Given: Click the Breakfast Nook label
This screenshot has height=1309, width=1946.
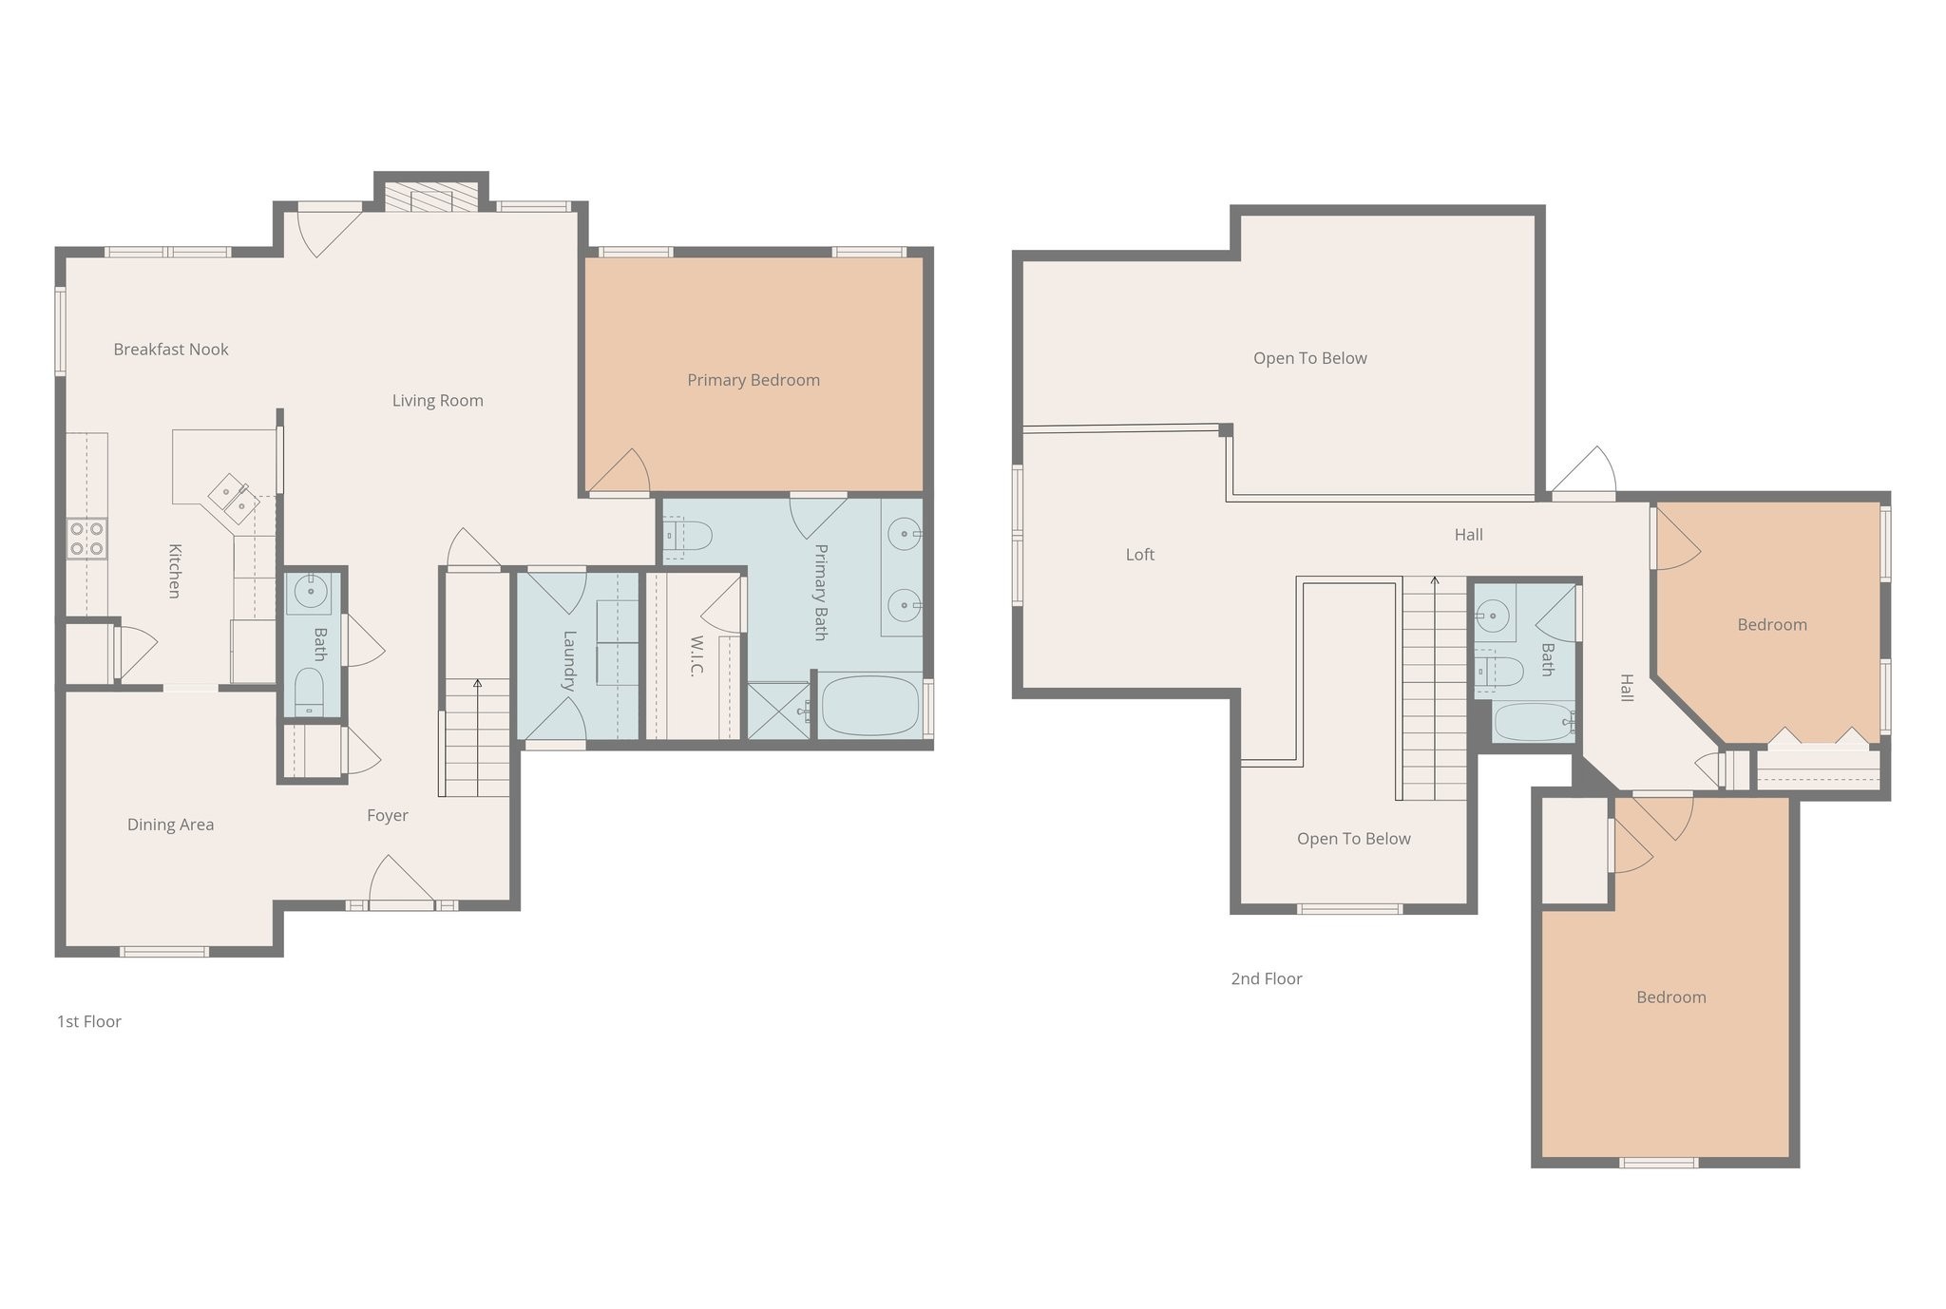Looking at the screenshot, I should coord(171,350).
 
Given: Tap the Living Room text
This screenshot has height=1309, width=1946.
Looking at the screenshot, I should coord(437,401).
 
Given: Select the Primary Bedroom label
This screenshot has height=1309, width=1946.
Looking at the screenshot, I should coord(754,380).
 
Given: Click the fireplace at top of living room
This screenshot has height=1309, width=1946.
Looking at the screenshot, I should coord(432,199).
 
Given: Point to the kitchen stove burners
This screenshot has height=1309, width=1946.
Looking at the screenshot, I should coord(86,539).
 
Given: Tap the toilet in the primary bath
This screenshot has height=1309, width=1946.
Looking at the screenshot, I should coord(688,536).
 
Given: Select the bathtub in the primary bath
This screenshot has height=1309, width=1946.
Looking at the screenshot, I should coord(870,706).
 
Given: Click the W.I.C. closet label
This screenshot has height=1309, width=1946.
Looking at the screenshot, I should coord(696,655).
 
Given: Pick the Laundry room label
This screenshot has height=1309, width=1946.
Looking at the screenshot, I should coord(569,660).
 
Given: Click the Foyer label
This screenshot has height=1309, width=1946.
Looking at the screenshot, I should coord(388,815).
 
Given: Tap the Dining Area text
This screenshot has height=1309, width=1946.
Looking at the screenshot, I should coord(171,825).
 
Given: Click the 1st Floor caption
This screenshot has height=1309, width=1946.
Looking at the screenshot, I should coord(89,1021).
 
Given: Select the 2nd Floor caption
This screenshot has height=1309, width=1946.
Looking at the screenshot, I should coord(1266,978).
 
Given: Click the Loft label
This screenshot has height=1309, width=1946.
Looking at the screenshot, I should coord(1139,555).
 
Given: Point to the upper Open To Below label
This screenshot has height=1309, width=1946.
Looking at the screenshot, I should coord(1309,358).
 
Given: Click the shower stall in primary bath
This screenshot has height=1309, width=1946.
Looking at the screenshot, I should coord(778,711).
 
